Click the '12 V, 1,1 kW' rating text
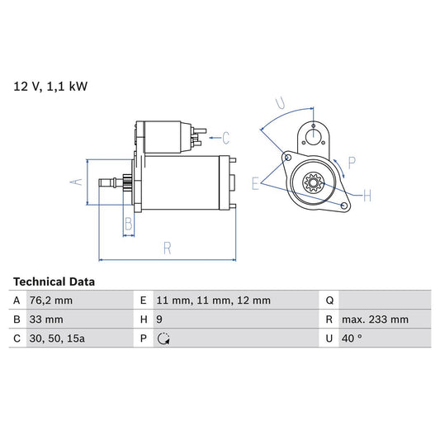click(x=50, y=85)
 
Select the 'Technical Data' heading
click(x=54, y=282)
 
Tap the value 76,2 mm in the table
click(x=51, y=300)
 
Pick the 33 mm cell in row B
click(x=45, y=319)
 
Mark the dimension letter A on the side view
click(x=76, y=182)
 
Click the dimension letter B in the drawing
click(x=128, y=224)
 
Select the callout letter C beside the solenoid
click(x=225, y=137)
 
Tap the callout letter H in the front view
click(x=367, y=195)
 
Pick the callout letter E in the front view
click(x=256, y=183)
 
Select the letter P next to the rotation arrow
click(x=352, y=162)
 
